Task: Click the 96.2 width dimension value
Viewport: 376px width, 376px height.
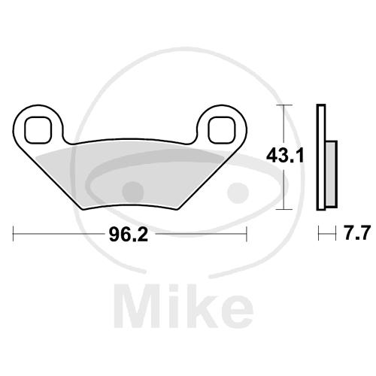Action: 129,235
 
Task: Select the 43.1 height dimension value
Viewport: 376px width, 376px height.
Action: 285,156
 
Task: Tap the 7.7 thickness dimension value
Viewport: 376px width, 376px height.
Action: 357,233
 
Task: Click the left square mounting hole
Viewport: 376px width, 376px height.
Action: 38,130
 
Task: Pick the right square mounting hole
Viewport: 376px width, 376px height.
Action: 222,130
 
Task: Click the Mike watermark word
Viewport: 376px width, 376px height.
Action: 183,306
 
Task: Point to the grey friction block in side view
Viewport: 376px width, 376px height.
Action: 332,174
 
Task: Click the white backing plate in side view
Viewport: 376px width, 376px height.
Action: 321,157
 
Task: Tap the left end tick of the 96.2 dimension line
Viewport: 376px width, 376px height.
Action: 13,234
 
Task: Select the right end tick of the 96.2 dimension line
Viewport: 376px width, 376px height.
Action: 247,234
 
